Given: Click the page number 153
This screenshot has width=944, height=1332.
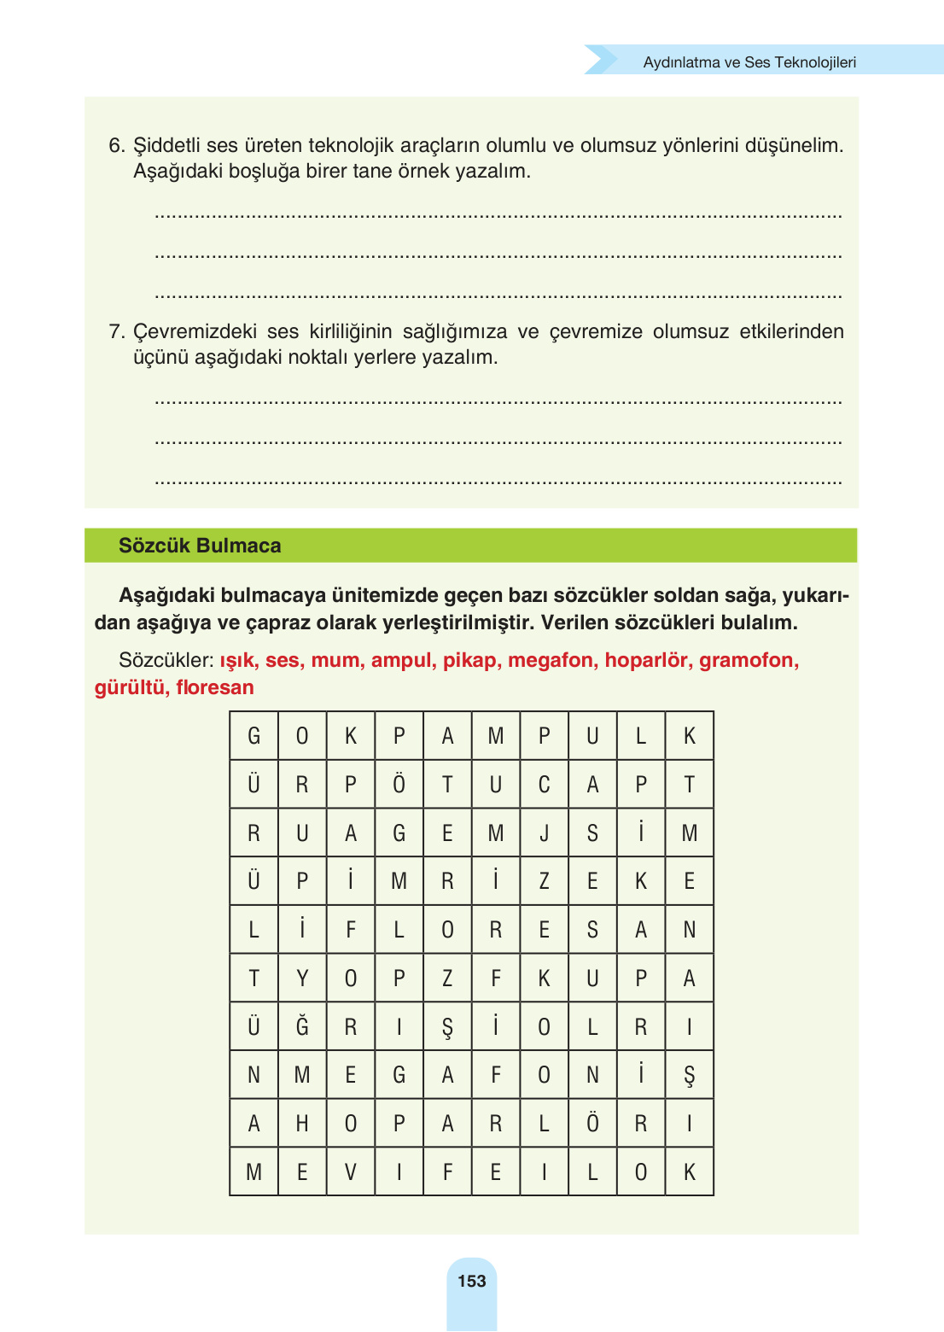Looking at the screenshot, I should coord(471,1281).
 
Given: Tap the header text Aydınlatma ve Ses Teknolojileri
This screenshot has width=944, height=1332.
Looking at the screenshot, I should coord(749,62).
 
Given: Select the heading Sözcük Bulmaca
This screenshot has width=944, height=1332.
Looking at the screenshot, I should coord(200,546).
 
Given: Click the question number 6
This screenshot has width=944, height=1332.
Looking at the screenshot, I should coord(116,145).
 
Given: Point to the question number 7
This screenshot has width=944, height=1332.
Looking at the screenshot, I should coord(116,331).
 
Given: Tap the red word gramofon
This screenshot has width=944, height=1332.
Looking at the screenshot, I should coord(748,660).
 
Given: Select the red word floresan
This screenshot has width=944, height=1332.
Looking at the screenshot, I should coord(215,687).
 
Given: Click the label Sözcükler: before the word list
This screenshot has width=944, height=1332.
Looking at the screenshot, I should coord(166,660).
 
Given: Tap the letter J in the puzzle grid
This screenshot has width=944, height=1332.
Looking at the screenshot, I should coord(544,832).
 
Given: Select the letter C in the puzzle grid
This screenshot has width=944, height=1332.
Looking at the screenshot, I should coord(544,784).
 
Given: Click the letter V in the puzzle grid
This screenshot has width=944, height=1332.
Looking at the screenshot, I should coord(350,1171).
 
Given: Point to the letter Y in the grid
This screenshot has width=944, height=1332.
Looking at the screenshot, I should coord(302,978).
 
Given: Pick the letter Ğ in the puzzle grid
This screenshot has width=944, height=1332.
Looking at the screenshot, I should coord(302,1025).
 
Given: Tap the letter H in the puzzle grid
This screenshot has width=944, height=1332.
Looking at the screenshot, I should coord(302,1123).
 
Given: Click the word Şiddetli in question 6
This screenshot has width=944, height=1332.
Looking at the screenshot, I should coord(166,145).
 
